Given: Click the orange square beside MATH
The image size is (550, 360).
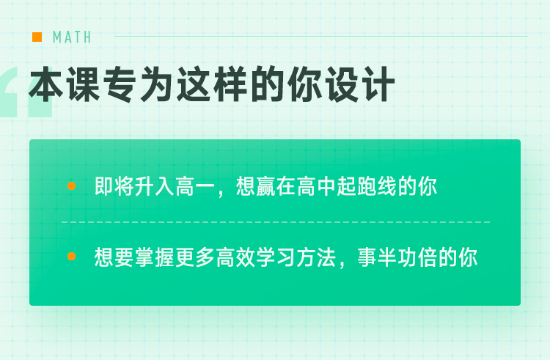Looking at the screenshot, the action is [x=37, y=37].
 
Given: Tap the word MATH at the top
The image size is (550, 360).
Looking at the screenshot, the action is [x=72, y=37].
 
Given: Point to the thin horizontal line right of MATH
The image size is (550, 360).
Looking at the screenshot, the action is [x=321, y=36].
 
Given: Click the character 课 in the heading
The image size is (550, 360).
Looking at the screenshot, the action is [x=84, y=84].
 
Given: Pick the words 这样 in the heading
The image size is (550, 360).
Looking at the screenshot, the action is [x=212, y=84].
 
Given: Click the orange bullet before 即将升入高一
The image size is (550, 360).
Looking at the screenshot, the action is [x=72, y=185].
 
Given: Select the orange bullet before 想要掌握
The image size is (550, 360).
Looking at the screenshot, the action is [x=72, y=256].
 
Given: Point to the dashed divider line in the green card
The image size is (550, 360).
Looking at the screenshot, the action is [x=276, y=222].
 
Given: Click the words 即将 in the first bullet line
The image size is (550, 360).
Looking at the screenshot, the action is [x=114, y=185].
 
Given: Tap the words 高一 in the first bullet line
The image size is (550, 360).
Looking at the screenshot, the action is [x=195, y=185].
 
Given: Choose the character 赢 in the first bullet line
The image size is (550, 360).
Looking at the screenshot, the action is [x=266, y=185].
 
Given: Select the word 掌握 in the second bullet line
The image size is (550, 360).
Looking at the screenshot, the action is [x=155, y=257].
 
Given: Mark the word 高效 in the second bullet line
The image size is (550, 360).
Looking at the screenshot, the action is [x=235, y=257].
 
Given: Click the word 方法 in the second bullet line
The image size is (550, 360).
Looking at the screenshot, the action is [x=316, y=257].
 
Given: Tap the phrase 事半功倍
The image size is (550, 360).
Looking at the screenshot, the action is [x=397, y=257].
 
